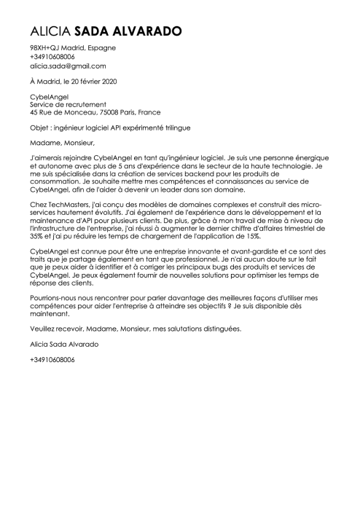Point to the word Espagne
click(x=101, y=47)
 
